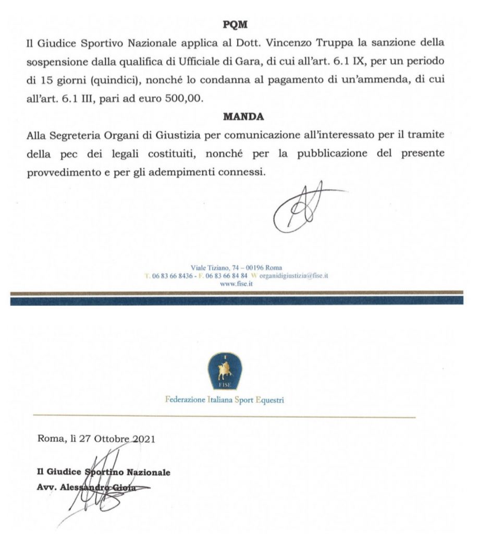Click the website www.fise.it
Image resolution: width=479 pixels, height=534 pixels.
234,284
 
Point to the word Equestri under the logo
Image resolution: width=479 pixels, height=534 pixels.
266,401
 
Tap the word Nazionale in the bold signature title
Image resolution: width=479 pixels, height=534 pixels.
149,472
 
